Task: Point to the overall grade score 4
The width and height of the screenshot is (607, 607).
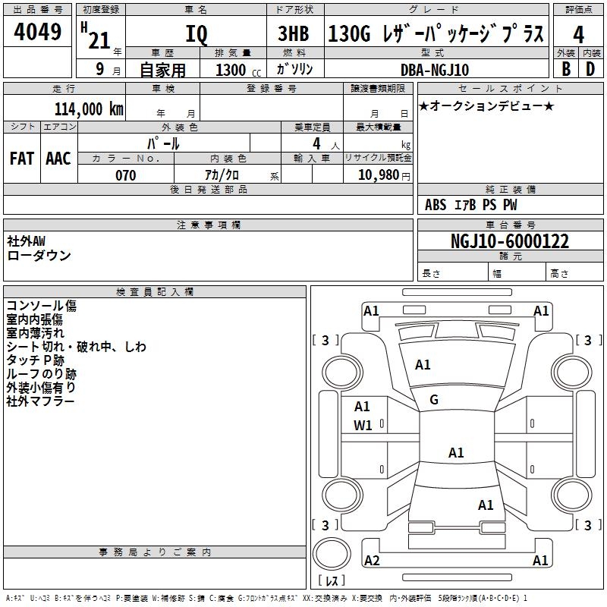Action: tap(579, 35)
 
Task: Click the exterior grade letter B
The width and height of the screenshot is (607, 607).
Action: tap(566, 69)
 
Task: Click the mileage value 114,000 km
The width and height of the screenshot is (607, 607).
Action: tap(89, 109)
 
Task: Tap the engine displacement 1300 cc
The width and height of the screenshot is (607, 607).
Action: tap(235, 70)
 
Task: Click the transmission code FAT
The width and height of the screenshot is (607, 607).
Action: tap(22, 158)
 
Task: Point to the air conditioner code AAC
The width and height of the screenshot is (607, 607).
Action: tap(58, 158)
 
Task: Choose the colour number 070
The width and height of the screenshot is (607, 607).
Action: tap(125, 175)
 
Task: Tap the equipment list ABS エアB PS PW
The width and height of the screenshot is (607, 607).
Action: tap(471, 205)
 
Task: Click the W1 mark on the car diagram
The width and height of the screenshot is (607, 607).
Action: tap(363, 426)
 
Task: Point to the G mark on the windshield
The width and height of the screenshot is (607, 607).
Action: tap(434, 400)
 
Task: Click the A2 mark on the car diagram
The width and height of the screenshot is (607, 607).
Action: tap(372, 561)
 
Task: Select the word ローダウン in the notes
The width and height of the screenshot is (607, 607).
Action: tap(39, 256)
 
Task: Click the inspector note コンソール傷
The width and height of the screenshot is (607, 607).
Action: tap(41, 306)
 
